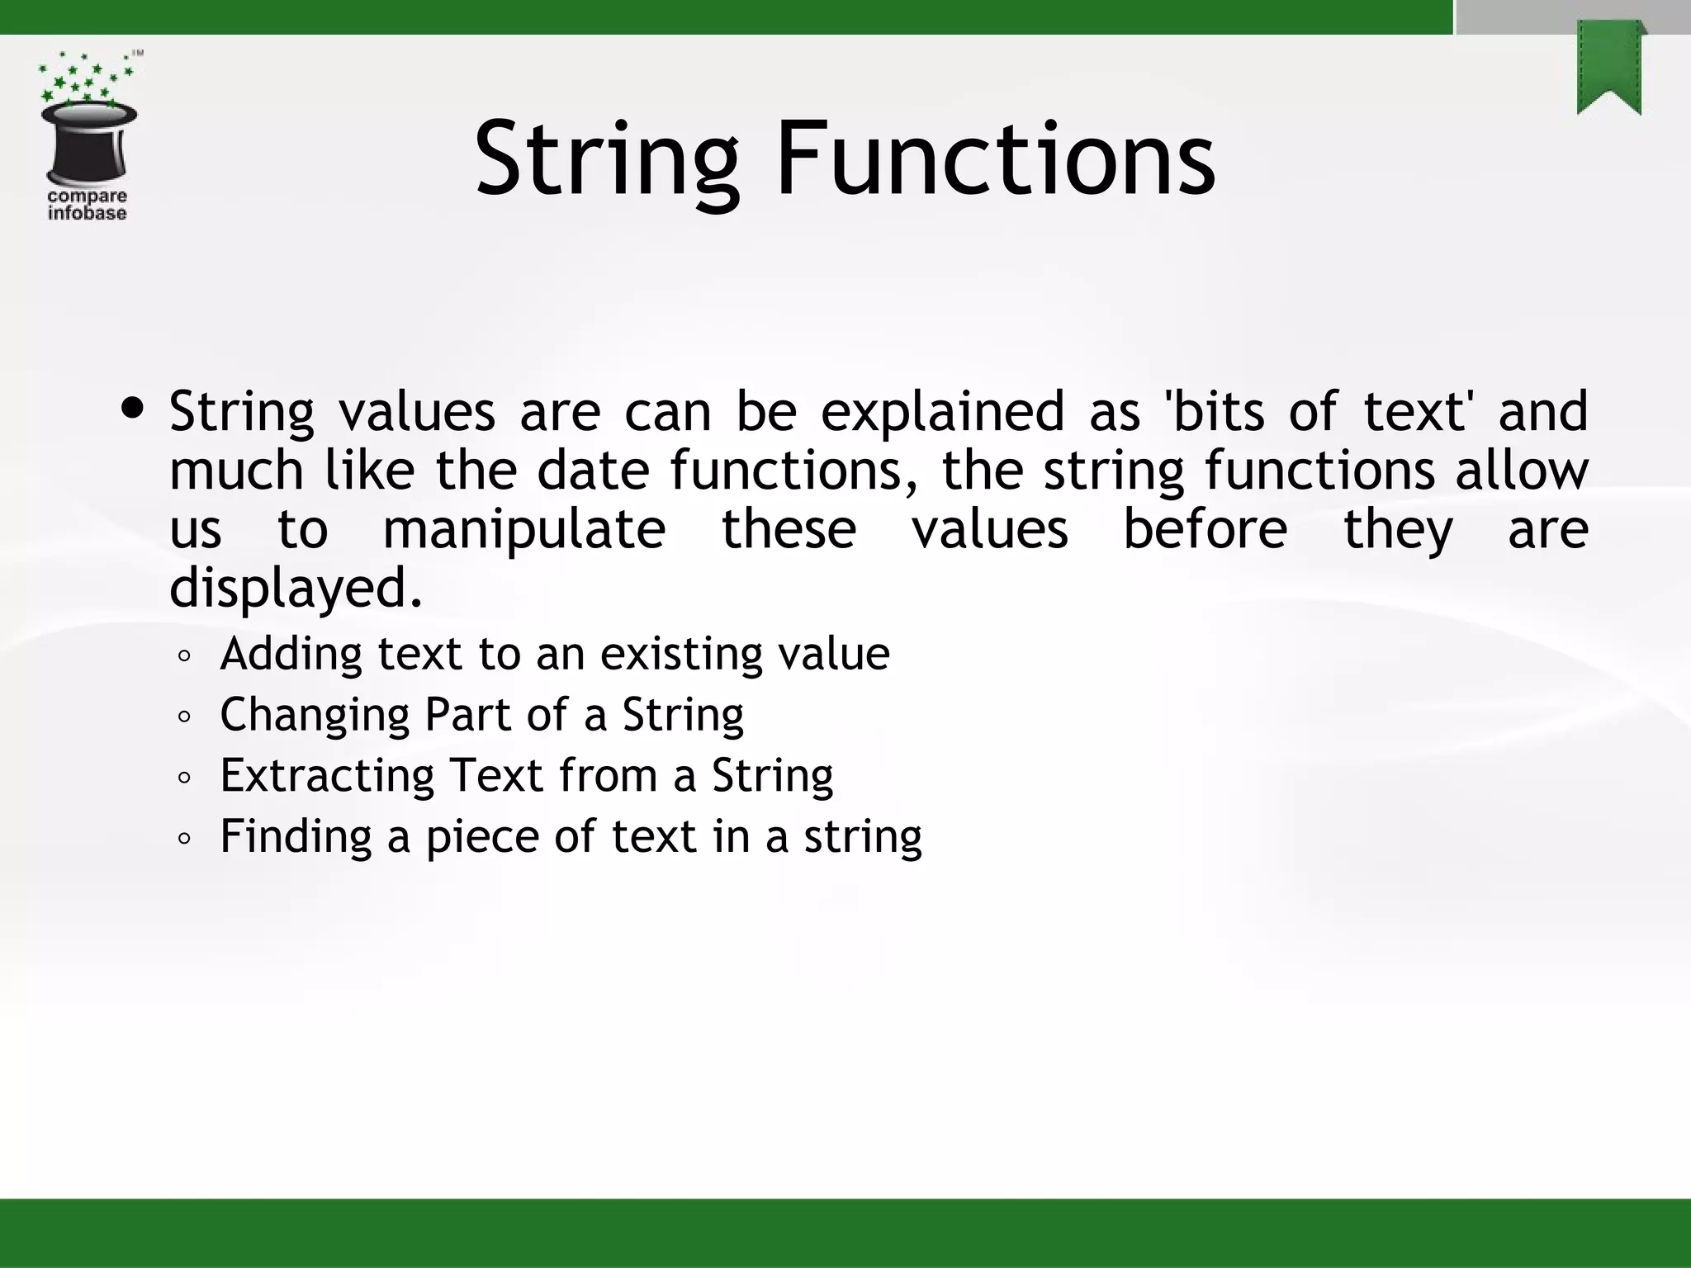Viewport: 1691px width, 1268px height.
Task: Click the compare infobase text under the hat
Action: [x=87, y=205]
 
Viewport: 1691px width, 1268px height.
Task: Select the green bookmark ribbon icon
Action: [x=1609, y=69]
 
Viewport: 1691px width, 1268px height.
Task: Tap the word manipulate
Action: [x=524, y=530]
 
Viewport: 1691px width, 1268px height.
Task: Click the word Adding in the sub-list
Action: [x=291, y=655]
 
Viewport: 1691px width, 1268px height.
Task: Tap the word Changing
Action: [x=315, y=716]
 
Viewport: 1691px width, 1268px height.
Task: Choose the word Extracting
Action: [x=327, y=776]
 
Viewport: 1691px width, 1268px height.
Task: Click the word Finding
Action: [x=296, y=836]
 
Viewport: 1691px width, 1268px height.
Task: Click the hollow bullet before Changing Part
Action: [x=184, y=717]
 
